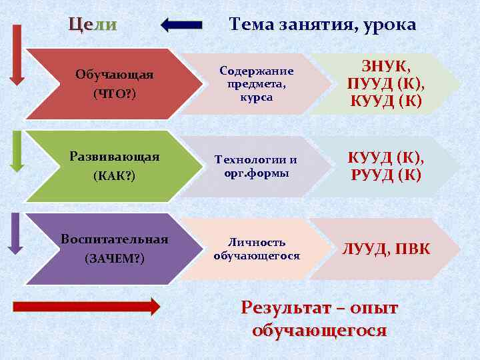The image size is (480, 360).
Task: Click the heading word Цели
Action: click(x=93, y=25)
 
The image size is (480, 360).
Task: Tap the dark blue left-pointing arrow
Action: click(x=181, y=25)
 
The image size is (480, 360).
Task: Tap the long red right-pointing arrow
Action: click(x=87, y=307)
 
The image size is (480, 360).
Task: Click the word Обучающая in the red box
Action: click(x=115, y=75)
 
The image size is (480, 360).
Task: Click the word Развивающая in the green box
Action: click(x=115, y=157)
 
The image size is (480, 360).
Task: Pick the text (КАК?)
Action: click(x=115, y=177)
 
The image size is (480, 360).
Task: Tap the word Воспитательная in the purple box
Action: click(x=115, y=239)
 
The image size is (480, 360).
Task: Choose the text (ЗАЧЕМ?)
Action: click(x=115, y=259)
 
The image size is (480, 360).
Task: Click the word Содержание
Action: click(x=257, y=71)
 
